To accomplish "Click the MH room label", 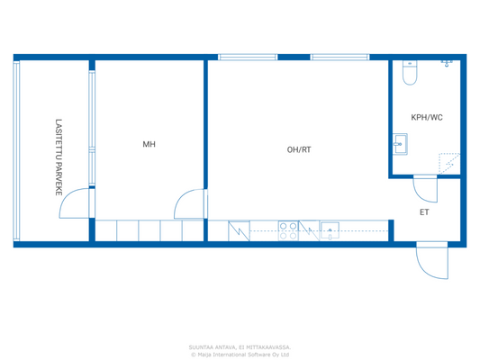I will coord(149,144).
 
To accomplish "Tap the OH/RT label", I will coord(299,149).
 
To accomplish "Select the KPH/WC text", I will coord(426,118).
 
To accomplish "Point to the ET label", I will coord(424,212).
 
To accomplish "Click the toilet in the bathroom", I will coord(410,74).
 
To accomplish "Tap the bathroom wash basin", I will coord(400,141).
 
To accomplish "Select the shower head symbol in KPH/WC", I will coord(446,64).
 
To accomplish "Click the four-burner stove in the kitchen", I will coord(288,230).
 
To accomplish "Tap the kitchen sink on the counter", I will coord(331,230).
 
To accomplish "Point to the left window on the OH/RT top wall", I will coord(248,58).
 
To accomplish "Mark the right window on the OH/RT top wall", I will coord(340,58).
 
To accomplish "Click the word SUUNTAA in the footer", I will coord(200,346).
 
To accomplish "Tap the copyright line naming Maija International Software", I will coord(240,354).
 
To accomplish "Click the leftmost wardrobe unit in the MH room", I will coord(106,230).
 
